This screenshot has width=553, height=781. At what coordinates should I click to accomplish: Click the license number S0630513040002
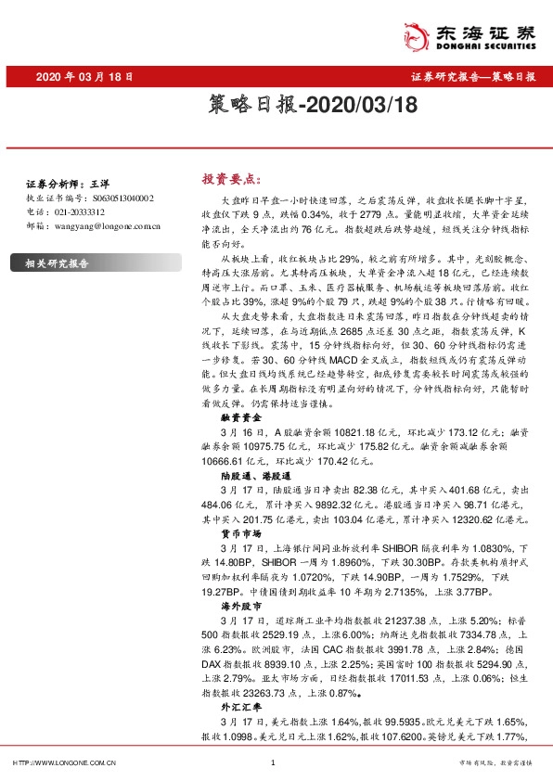(114, 198)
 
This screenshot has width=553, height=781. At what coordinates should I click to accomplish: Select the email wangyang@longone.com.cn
(103, 224)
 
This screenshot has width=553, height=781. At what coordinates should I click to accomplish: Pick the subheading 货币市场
(231, 534)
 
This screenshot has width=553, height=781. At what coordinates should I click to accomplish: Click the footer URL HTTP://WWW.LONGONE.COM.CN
(63, 763)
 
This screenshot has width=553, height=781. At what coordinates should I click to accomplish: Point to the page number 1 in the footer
(272, 763)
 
